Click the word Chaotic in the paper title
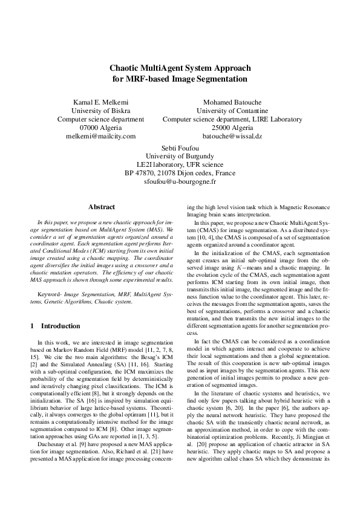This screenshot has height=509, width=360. (126, 68)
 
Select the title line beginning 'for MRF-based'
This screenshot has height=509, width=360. (180, 79)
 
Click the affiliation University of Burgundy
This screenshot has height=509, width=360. (180, 156)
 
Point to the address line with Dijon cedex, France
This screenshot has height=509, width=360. (180, 173)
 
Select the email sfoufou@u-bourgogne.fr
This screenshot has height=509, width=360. (180, 181)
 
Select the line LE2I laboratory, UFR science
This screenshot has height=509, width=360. (180, 164)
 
